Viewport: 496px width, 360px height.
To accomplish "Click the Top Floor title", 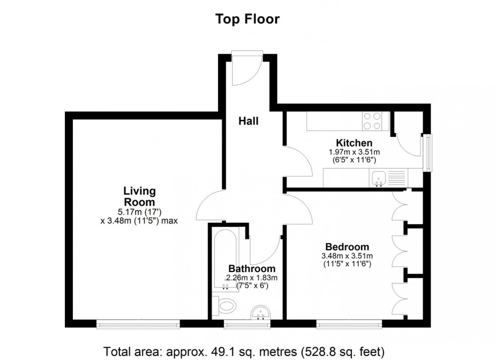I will (x=247, y=19).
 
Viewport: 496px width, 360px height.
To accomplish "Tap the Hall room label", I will (x=249, y=121).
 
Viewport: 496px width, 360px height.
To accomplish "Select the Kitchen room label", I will (x=354, y=143).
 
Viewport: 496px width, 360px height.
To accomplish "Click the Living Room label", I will (x=139, y=196).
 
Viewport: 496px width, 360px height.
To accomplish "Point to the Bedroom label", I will (x=347, y=247).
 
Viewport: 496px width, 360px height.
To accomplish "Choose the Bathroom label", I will (x=252, y=268).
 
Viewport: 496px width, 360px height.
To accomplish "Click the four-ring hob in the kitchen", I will (x=373, y=121).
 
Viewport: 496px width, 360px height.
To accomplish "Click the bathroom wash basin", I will (x=261, y=313).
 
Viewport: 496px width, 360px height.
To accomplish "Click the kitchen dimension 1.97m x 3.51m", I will (x=354, y=152).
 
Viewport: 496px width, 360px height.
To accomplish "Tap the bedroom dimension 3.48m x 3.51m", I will (x=347, y=256).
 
